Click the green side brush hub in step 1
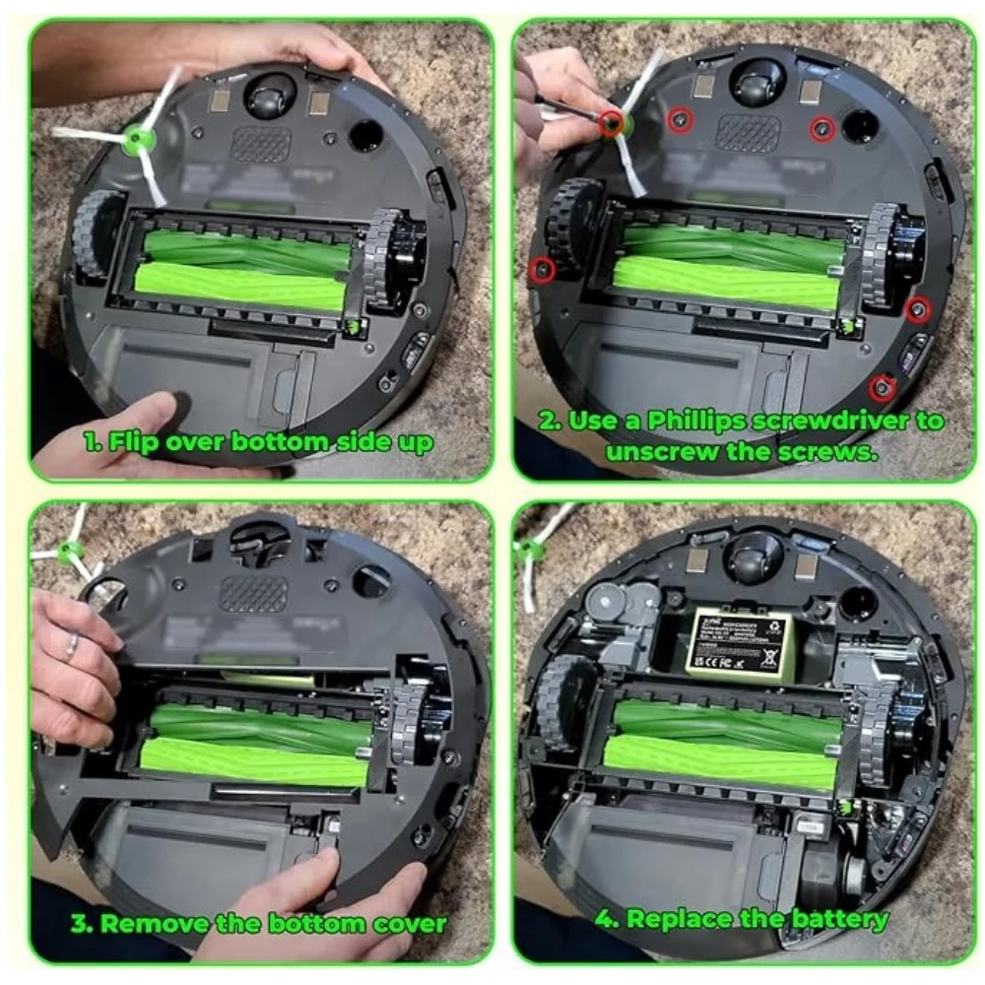coord(134,141)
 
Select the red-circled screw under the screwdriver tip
coord(614,123)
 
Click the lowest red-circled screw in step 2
coord(883,387)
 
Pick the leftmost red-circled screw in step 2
coord(541,268)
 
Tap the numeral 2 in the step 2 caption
coord(549,422)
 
